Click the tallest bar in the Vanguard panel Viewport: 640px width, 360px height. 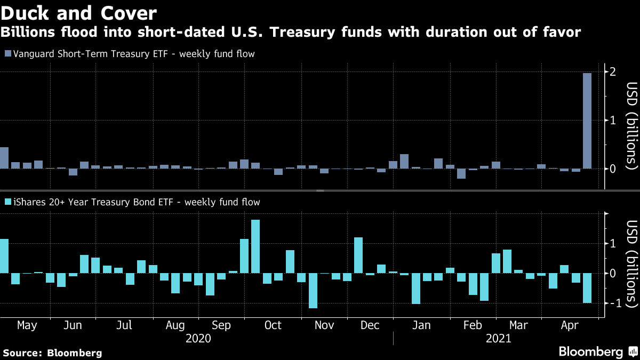(x=587, y=121)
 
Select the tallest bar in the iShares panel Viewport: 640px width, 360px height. (x=255, y=246)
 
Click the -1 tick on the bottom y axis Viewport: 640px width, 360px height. (x=613, y=303)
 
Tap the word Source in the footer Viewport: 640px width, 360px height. (x=22, y=353)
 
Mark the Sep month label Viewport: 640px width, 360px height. (x=221, y=325)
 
